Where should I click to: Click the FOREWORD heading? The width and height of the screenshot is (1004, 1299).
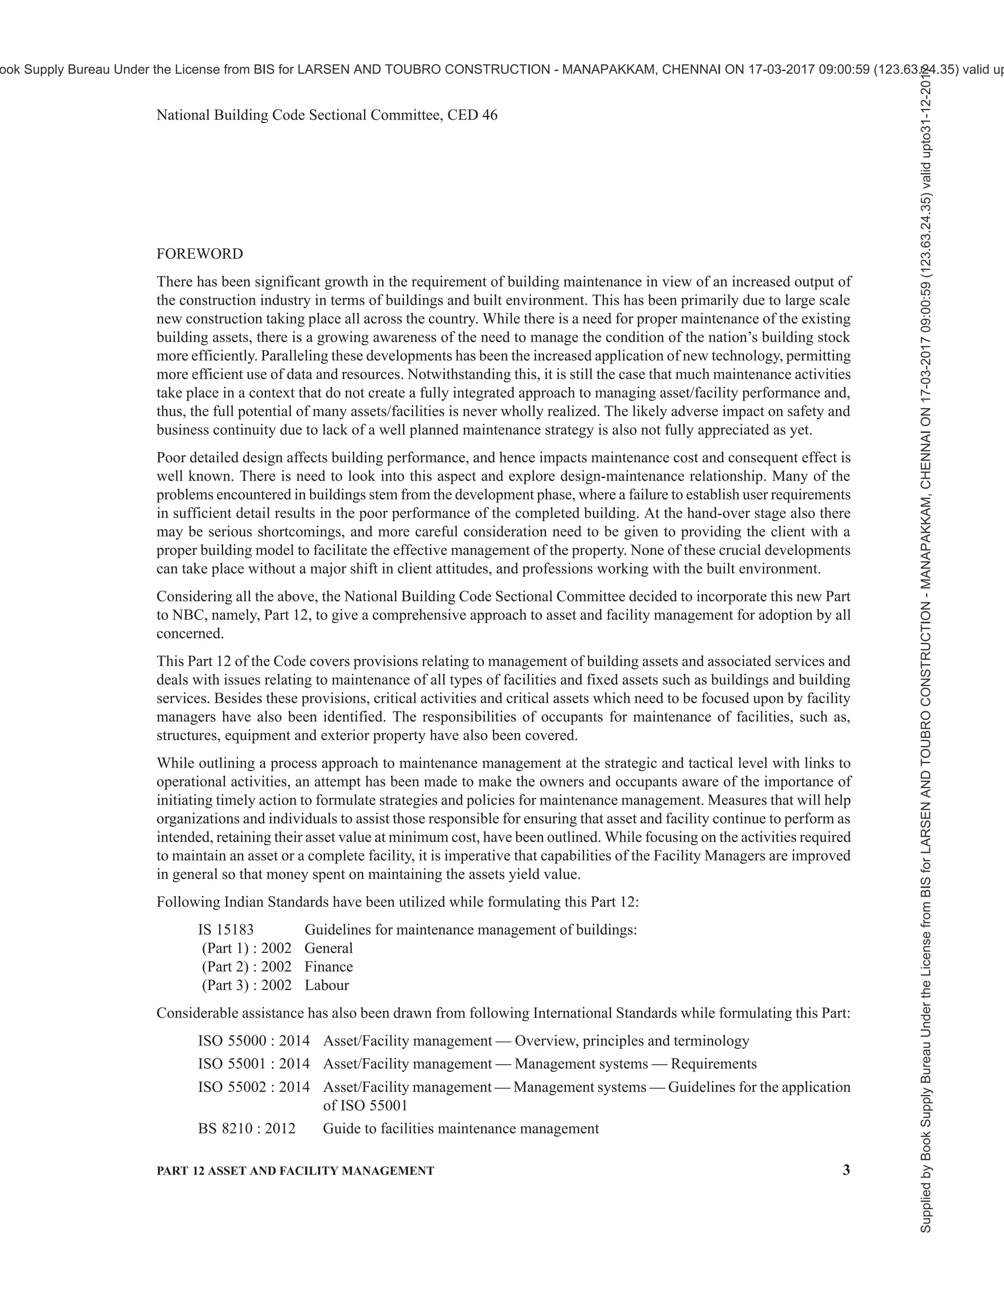[199, 254]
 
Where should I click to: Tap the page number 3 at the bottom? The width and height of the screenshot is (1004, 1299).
[846, 1170]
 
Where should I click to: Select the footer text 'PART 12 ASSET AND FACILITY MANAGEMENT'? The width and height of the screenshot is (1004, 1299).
[295, 1171]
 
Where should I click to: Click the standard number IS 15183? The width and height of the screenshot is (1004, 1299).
[226, 929]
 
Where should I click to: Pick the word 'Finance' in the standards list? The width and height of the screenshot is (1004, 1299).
[328, 967]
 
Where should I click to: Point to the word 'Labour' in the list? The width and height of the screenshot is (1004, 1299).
[326, 985]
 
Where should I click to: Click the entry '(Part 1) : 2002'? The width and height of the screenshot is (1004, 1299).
[246, 948]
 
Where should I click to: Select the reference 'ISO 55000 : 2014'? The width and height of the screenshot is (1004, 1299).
[254, 1041]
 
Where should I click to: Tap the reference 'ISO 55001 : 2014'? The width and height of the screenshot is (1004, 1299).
[254, 1064]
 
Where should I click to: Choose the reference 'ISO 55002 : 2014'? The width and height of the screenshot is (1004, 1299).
[254, 1087]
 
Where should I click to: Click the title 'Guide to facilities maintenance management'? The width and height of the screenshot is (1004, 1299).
[460, 1128]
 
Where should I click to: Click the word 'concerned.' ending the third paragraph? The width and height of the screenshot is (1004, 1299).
[190, 633]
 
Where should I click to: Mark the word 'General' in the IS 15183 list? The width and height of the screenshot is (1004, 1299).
[328, 948]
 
